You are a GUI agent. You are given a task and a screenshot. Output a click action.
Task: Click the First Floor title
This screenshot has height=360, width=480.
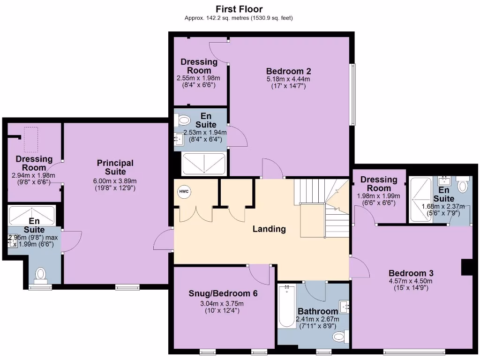click(x=239, y=9)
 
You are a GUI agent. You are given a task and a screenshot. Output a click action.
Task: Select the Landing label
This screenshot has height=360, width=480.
click(x=269, y=229)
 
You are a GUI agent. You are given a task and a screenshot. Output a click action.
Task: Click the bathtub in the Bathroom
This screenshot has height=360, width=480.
click(x=287, y=307)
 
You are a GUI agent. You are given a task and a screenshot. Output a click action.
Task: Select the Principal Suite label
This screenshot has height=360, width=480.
click(x=115, y=167)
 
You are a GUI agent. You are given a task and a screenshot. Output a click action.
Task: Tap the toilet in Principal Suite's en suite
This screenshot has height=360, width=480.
click(x=41, y=274)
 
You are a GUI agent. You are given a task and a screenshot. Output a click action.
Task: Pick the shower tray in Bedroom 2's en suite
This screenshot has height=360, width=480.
click(x=204, y=164)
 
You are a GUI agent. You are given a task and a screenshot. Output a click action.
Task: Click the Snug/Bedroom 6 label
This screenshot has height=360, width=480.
click(x=223, y=294)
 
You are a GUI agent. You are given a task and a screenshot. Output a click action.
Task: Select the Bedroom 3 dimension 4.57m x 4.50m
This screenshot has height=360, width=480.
click(x=411, y=281)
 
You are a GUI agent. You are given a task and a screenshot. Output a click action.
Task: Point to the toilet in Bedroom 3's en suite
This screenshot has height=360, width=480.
click(x=463, y=186)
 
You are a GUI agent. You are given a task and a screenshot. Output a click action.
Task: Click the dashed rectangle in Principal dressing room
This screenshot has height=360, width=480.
click(x=31, y=139)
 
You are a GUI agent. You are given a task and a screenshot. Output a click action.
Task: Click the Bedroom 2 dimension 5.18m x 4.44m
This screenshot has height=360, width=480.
click(x=288, y=79)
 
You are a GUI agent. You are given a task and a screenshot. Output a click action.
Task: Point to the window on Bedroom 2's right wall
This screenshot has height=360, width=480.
click(x=353, y=94)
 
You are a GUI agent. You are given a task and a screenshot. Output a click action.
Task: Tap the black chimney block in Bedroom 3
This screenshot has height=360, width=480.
click(x=467, y=267)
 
